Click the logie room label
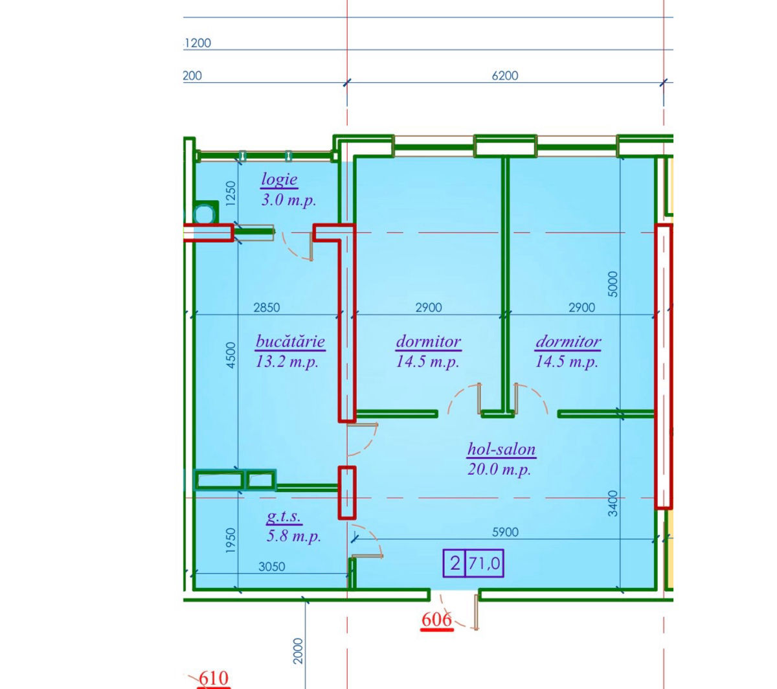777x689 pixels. tap(279, 179)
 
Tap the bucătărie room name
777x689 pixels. tap(290, 341)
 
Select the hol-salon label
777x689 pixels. tap(501, 449)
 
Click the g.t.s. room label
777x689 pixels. tap(284, 516)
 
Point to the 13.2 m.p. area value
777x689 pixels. tap(287, 362)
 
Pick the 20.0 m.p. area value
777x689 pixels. tap(499, 469)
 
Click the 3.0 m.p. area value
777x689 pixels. tap(289, 200)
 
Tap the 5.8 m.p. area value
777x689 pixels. tap(294, 536)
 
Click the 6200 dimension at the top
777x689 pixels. tap(504, 76)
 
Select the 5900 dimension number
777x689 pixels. tap(505, 532)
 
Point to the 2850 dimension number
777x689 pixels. tap(267, 308)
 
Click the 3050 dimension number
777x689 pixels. tap(271, 567)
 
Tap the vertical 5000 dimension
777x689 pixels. tap(613, 284)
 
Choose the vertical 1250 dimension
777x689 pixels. tap(231, 194)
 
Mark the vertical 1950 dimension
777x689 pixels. tap(230, 541)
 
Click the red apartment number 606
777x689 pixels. tap(437, 620)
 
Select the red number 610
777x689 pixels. tap(214, 678)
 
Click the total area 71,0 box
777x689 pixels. tap(484, 563)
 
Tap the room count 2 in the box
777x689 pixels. tap(455, 563)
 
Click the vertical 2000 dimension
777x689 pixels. tap(298, 651)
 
